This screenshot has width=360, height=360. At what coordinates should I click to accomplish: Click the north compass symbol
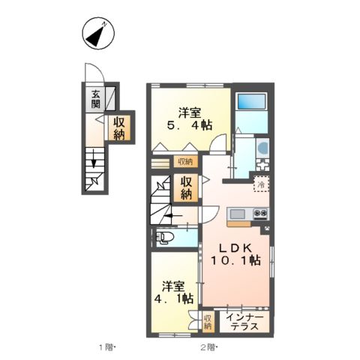tap(98, 33)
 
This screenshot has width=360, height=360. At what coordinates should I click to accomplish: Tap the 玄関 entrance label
tap(95, 99)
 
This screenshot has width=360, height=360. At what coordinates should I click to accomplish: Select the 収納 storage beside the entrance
tap(119, 128)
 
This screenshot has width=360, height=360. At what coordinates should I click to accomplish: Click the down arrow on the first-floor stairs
tap(94, 158)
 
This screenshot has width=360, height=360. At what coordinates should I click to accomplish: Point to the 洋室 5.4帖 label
tap(190, 118)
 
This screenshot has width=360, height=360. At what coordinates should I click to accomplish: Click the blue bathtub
tap(251, 101)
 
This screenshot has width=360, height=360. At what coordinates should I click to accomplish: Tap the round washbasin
tap(263, 148)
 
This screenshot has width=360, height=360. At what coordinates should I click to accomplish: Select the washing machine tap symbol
tap(262, 165)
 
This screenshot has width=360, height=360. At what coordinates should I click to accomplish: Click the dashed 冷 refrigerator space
tap(262, 184)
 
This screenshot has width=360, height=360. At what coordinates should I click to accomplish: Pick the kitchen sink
tap(238, 214)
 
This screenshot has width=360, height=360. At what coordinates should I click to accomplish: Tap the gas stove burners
tap(261, 213)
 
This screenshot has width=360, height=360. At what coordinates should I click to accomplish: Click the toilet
tap(163, 238)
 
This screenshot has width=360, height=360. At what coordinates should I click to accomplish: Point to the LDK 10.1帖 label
tap(235, 254)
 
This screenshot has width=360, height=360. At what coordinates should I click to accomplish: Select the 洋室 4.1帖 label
tap(173, 292)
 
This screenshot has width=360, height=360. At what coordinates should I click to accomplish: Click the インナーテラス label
tap(244, 322)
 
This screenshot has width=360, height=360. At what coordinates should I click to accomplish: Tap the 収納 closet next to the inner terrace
tap(208, 322)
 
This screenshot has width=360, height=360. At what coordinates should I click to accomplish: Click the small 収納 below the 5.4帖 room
tap(185, 162)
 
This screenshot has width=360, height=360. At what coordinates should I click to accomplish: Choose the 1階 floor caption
tap(107, 347)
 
